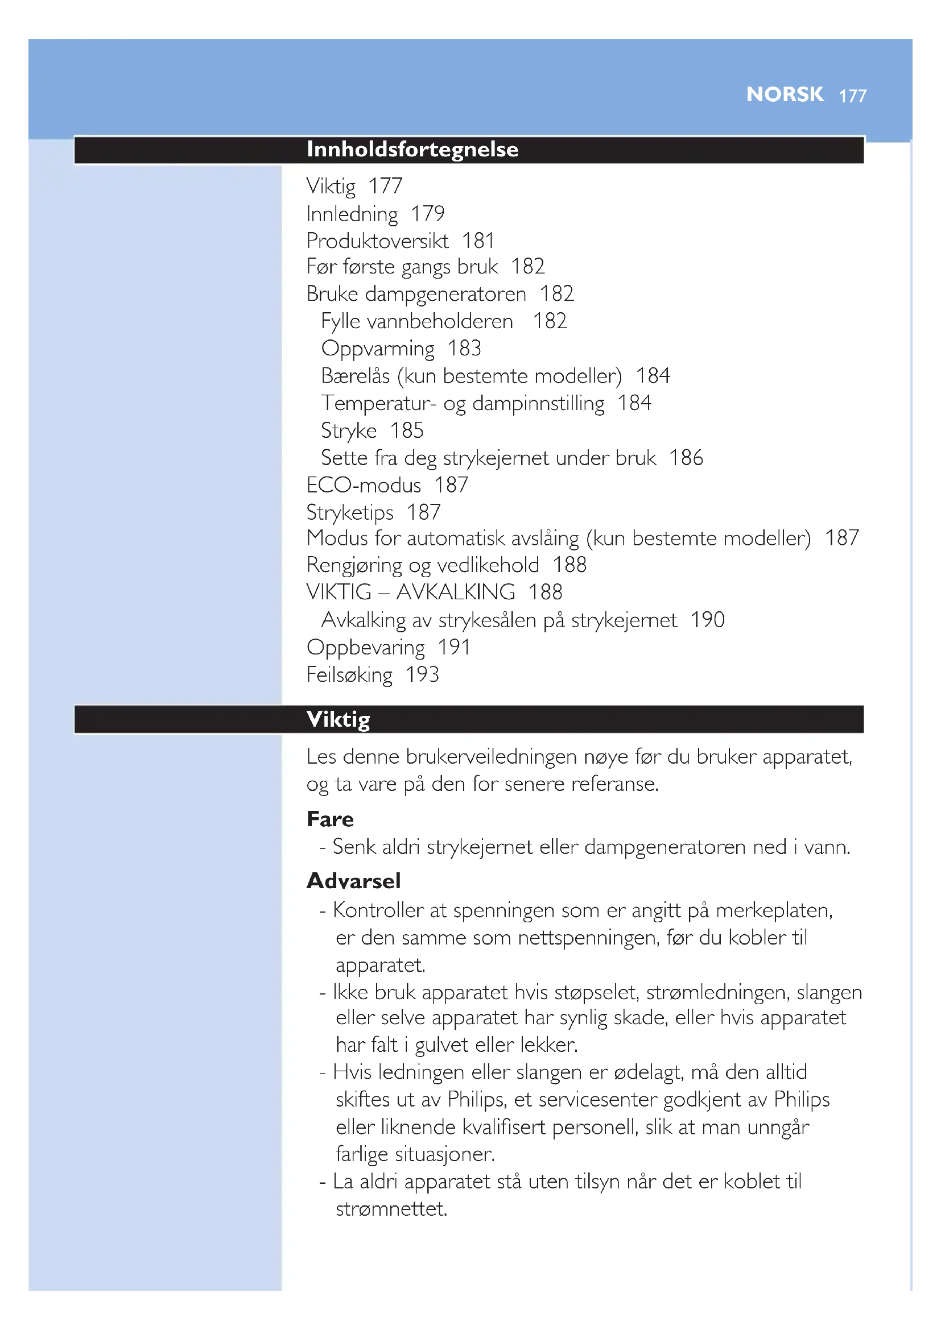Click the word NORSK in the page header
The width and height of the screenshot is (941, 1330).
coord(784,94)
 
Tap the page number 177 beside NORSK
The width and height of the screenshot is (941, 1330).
coord(852,96)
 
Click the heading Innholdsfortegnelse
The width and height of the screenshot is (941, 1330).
coord(412,150)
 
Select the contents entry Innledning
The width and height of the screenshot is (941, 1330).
coord(352,214)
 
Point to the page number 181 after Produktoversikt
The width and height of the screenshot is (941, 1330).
coord(478,241)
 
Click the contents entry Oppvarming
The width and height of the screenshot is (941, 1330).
coord(377,349)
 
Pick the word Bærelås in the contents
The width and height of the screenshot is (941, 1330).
coord(355,376)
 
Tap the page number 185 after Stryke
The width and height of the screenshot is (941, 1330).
coord(406,430)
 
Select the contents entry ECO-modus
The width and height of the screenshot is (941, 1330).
coord(364,485)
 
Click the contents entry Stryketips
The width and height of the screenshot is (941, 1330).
coord(349,513)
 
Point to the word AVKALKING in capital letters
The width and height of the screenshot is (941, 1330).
coord(456,592)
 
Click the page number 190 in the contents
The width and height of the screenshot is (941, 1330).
coord(707,620)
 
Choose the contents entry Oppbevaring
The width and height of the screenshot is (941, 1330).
coord(365,648)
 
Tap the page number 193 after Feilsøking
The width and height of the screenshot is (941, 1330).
coord(422,674)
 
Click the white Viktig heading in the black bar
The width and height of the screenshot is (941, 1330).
coord(338,719)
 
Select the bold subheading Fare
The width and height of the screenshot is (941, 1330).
coord(330,819)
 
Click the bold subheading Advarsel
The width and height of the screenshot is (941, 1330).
coord(353,881)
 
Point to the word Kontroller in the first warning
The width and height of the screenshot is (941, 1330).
coord(377,910)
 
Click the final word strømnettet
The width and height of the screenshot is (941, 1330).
coord(391,1209)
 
